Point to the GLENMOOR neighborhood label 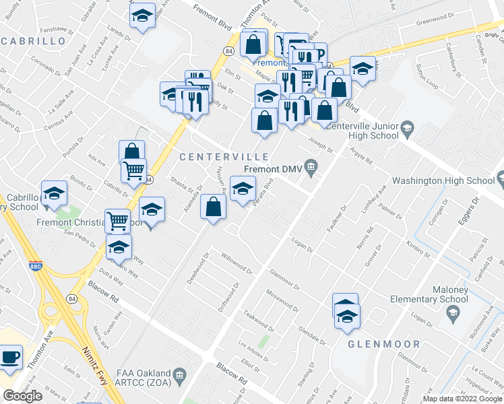383,344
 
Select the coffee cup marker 9,357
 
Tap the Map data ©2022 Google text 462,399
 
